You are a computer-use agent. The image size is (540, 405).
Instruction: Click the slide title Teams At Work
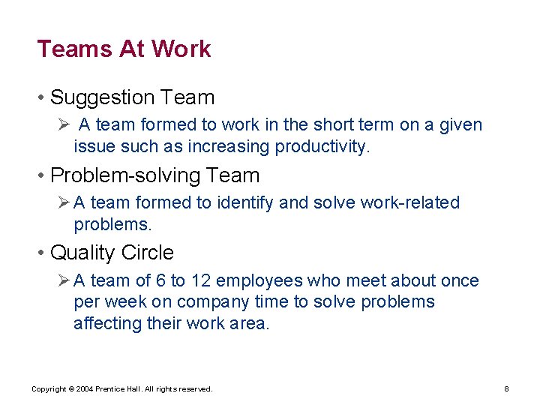(x=124, y=49)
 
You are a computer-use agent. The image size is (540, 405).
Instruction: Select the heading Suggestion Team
(x=132, y=97)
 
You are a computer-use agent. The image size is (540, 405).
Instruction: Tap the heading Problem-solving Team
(x=154, y=175)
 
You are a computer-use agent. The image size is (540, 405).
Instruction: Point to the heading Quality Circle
(x=112, y=253)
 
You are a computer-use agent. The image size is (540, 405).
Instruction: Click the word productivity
(x=322, y=146)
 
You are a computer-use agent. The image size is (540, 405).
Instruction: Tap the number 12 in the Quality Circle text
(x=200, y=280)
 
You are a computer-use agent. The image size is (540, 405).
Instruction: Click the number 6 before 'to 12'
(x=161, y=280)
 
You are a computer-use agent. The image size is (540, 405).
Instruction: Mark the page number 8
(x=507, y=388)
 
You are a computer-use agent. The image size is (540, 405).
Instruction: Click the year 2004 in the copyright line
(x=82, y=388)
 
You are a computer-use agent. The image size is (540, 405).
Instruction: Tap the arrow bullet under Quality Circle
(x=64, y=281)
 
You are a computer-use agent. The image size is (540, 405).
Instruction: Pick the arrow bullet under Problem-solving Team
(x=64, y=203)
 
